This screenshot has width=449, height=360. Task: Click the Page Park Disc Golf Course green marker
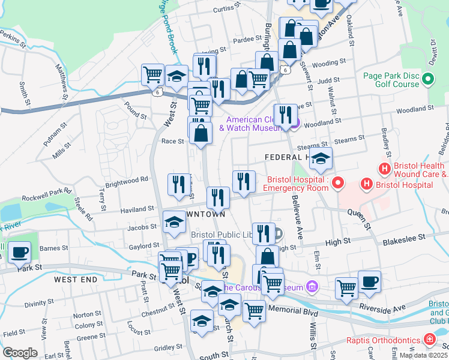(428, 79)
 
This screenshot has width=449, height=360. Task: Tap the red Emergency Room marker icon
(339, 181)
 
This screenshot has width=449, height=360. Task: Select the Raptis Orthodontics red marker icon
(429, 340)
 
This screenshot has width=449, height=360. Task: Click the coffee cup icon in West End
(20, 253)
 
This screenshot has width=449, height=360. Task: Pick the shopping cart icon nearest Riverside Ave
(347, 289)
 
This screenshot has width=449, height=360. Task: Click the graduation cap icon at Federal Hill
(321, 159)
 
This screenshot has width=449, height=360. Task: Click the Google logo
(20, 352)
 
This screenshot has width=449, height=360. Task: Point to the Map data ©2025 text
(424, 355)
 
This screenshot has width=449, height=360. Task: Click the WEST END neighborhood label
(74, 280)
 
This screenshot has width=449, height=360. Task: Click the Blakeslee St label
(405, 238)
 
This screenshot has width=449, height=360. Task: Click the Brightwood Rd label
(127, 179)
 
